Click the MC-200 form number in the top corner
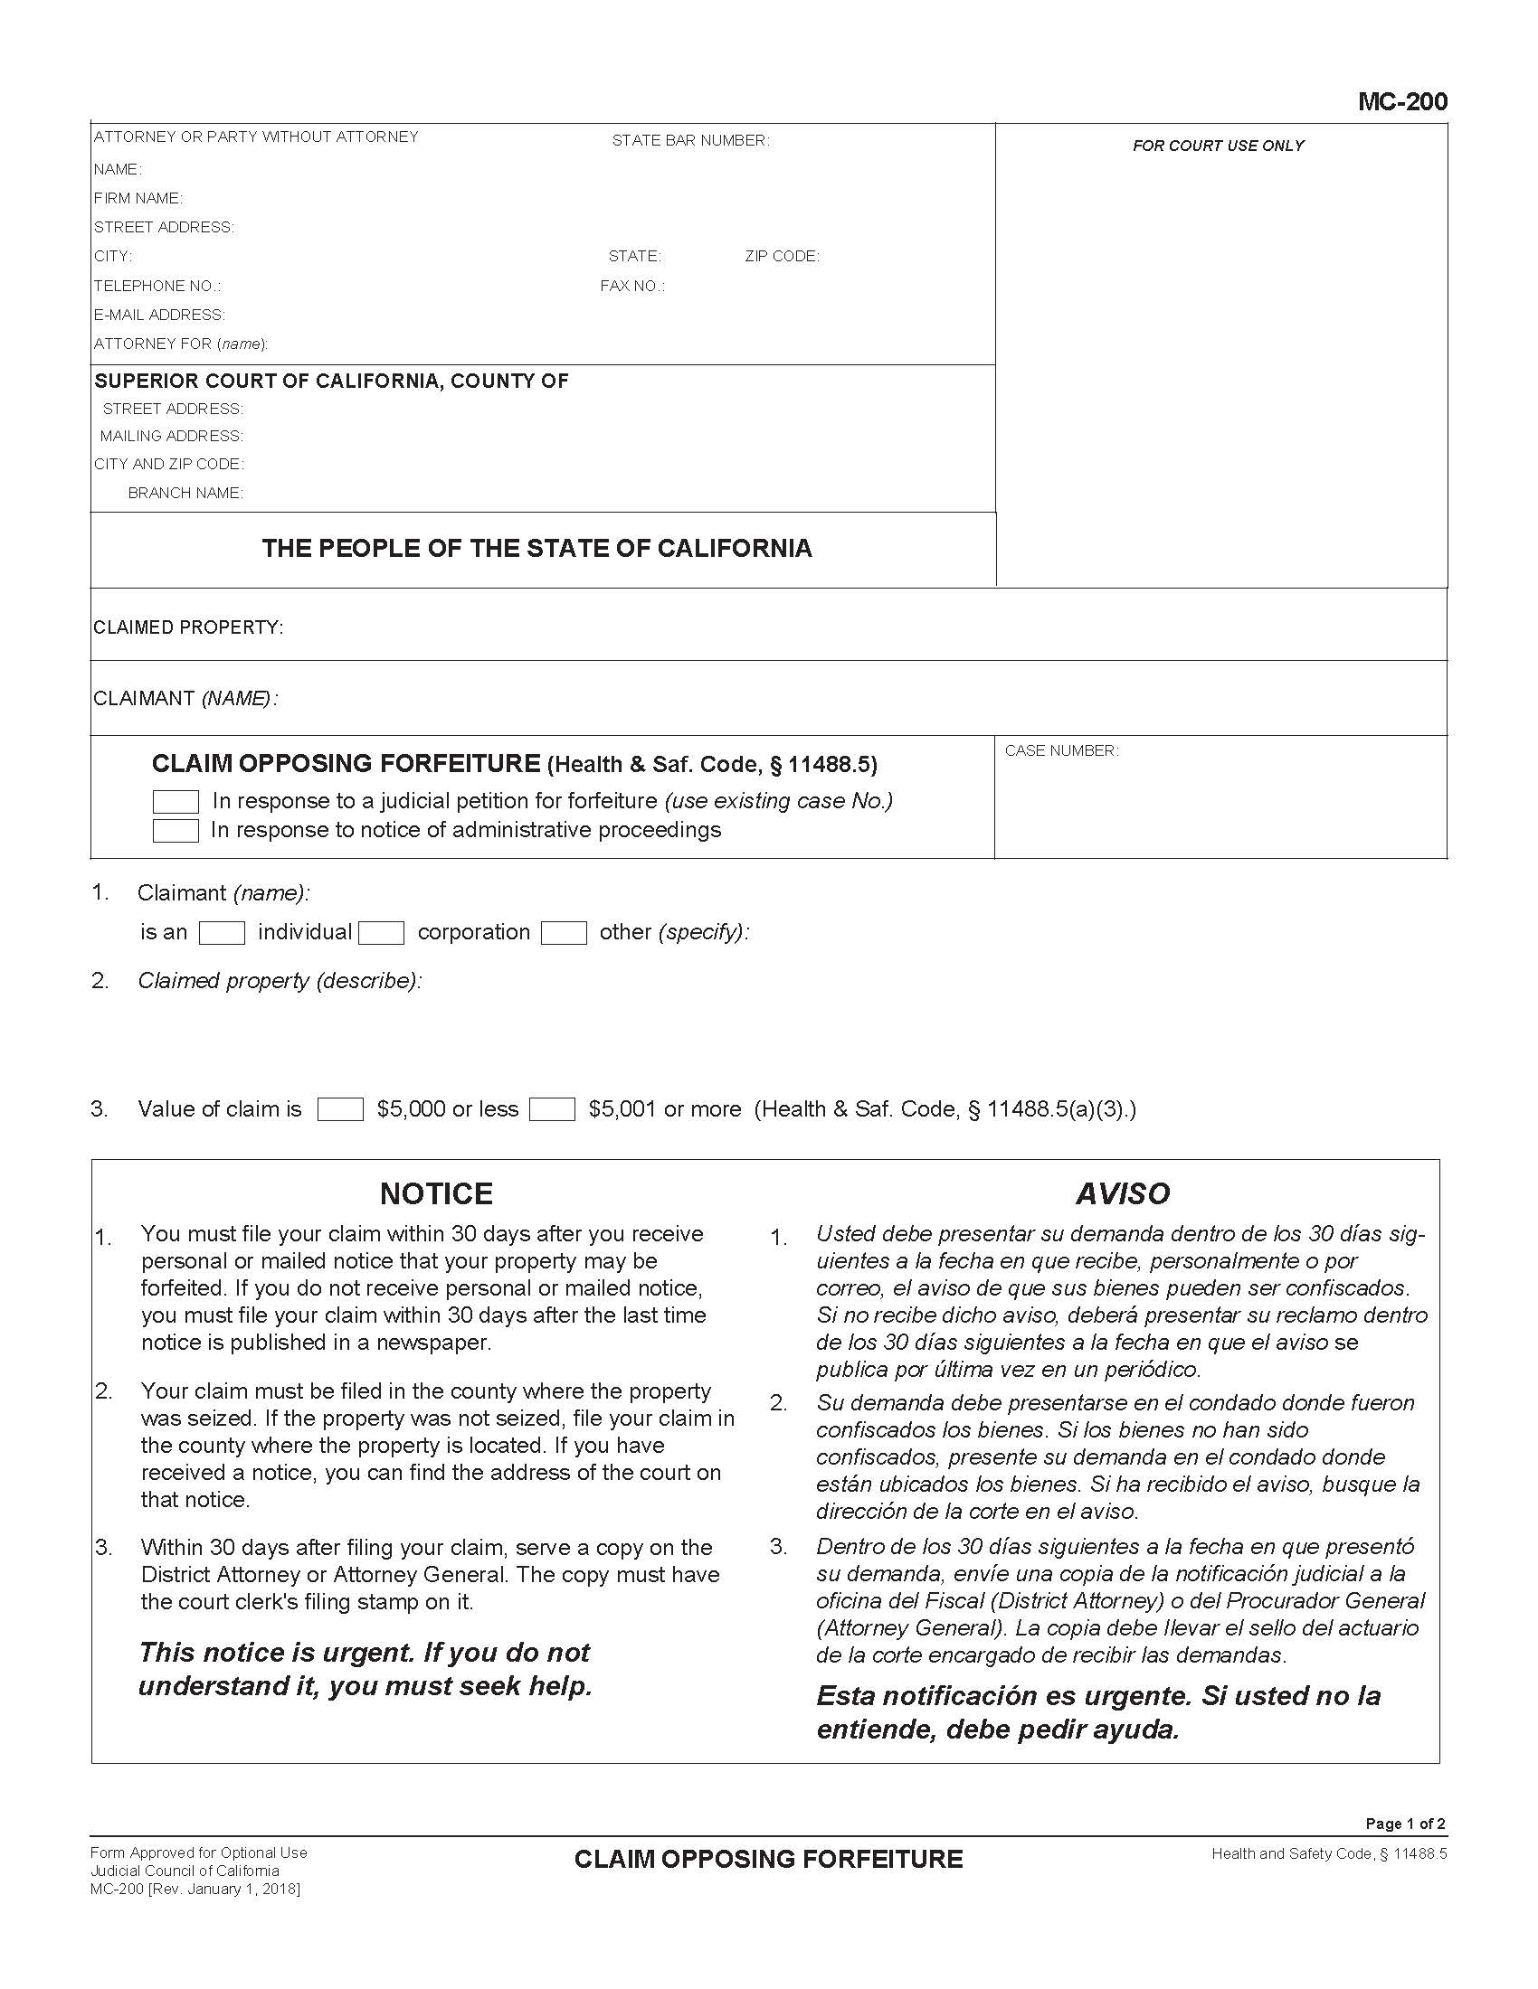point(1401,101)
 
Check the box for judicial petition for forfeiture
point(175,801)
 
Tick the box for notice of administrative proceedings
point(175,831)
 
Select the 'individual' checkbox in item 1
point(222,933)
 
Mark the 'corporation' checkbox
point(381,933)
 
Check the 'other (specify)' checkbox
point(563,933)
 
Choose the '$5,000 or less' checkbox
point(340,1109)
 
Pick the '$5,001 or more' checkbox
point(551,1109)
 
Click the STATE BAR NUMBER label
point(689,140)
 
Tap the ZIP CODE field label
point(782,257)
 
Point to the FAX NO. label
point(631,286)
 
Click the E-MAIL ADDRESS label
point(158,316)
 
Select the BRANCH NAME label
point(185,493)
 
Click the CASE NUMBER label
point(1061,750)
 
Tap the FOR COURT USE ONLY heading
point(1219,146)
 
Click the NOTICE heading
point(435,1193)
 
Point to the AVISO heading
point(1122,1193)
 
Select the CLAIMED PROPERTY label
point(187,627)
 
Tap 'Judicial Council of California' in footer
point(184,1871)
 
